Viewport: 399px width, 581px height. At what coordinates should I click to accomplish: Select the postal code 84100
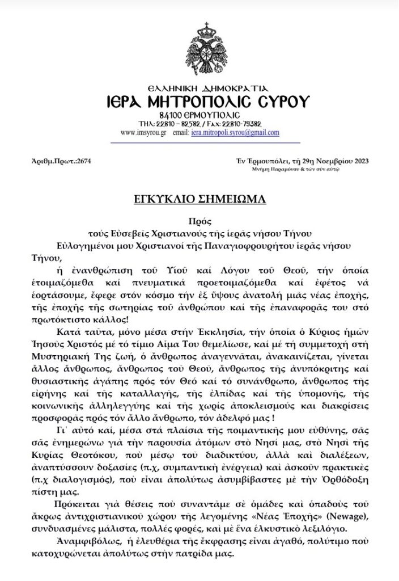tap(170, 115)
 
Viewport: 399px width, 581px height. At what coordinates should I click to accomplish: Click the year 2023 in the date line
tap(359, 161)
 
